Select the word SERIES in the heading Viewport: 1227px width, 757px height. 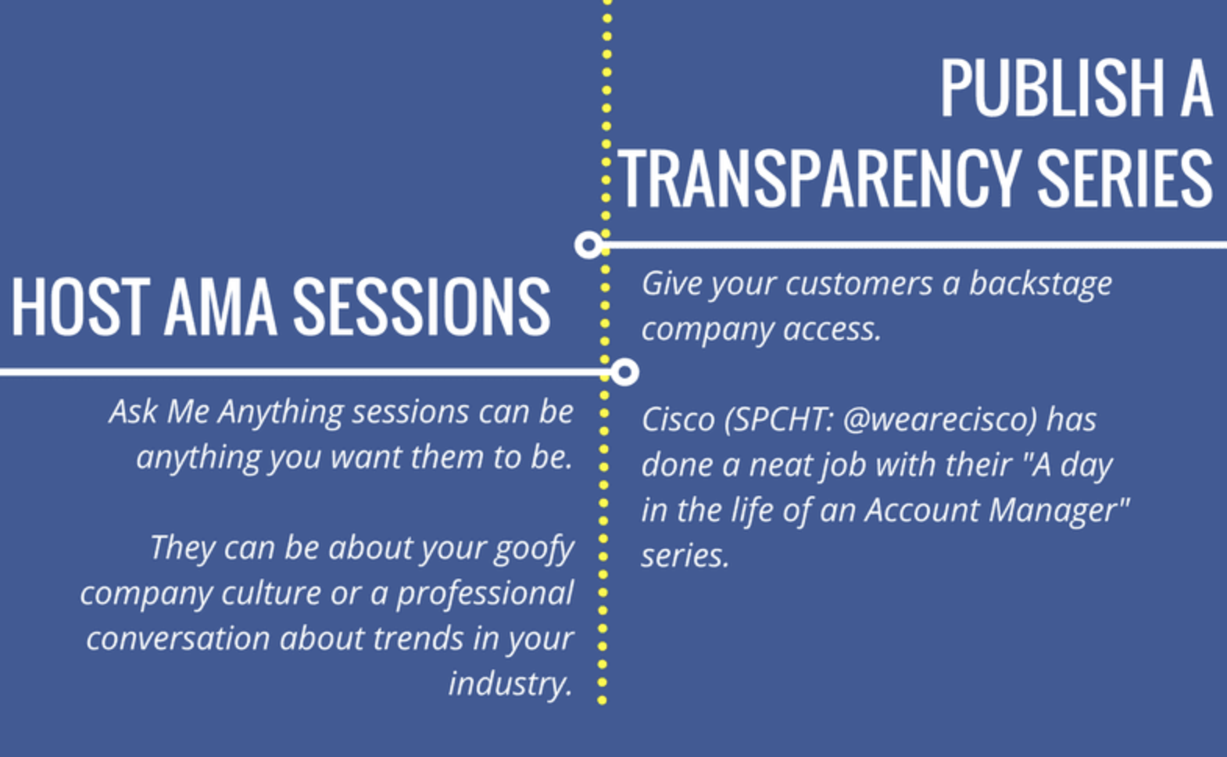[1125, 179]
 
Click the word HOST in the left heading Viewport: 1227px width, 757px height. [80, 307]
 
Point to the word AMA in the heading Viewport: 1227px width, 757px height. [220, 307]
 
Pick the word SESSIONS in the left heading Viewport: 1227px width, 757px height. [421, 307]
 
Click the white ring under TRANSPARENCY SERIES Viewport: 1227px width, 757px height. [588, 245]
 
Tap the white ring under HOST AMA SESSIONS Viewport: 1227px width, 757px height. [624, 373]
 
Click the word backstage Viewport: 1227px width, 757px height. [1041, 285]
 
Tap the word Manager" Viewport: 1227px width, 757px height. [1060, 511]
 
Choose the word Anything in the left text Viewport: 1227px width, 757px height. [281, 413]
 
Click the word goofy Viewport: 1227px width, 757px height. [534, 549]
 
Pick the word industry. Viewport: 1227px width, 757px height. [510, 684]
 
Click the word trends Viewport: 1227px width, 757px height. [418, 639]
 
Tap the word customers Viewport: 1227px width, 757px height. [859, 285]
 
